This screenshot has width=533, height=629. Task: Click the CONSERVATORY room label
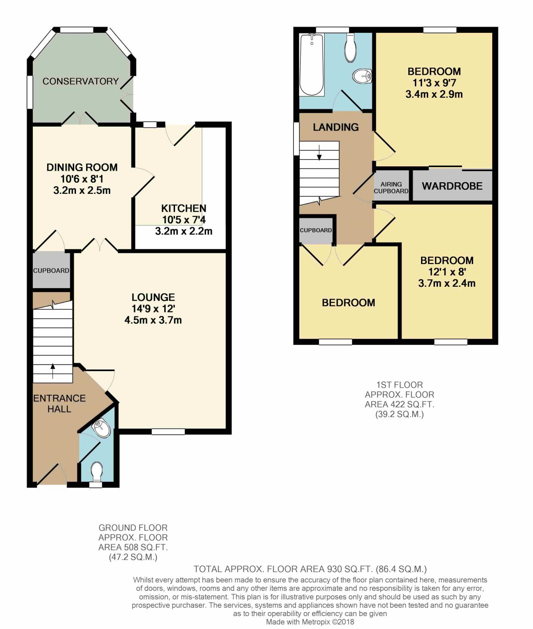coord(80,81)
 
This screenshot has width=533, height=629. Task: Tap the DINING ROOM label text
coord(82,168)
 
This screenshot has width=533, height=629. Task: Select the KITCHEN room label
coord(183,208)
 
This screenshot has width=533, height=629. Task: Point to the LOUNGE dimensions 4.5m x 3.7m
coord(153,320)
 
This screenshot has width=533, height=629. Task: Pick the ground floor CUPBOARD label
coord(51,270)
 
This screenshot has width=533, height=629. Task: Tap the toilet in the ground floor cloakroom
coord(96,471)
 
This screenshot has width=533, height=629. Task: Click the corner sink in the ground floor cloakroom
coord(102,429)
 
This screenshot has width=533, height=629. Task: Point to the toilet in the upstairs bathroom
coord(350,48)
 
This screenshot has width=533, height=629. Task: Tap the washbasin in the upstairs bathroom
coord(362,76)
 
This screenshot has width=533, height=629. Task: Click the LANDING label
coord(335,127)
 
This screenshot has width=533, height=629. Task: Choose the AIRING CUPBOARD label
coord(391,188)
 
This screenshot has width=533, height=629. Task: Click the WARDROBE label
coord(452,186)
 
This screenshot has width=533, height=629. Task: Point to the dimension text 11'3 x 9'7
coord(434,83)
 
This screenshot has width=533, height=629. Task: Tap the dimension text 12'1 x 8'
coord(447,272)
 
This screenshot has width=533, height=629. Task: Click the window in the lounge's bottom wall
coord(168,432)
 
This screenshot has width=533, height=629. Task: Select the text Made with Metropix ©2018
coord(310,622)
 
